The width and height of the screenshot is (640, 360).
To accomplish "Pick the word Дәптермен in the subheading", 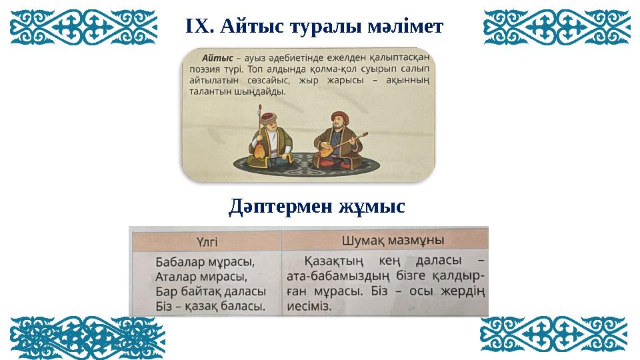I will (279, 206).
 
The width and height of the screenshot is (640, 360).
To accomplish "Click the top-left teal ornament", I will (84, 27).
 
